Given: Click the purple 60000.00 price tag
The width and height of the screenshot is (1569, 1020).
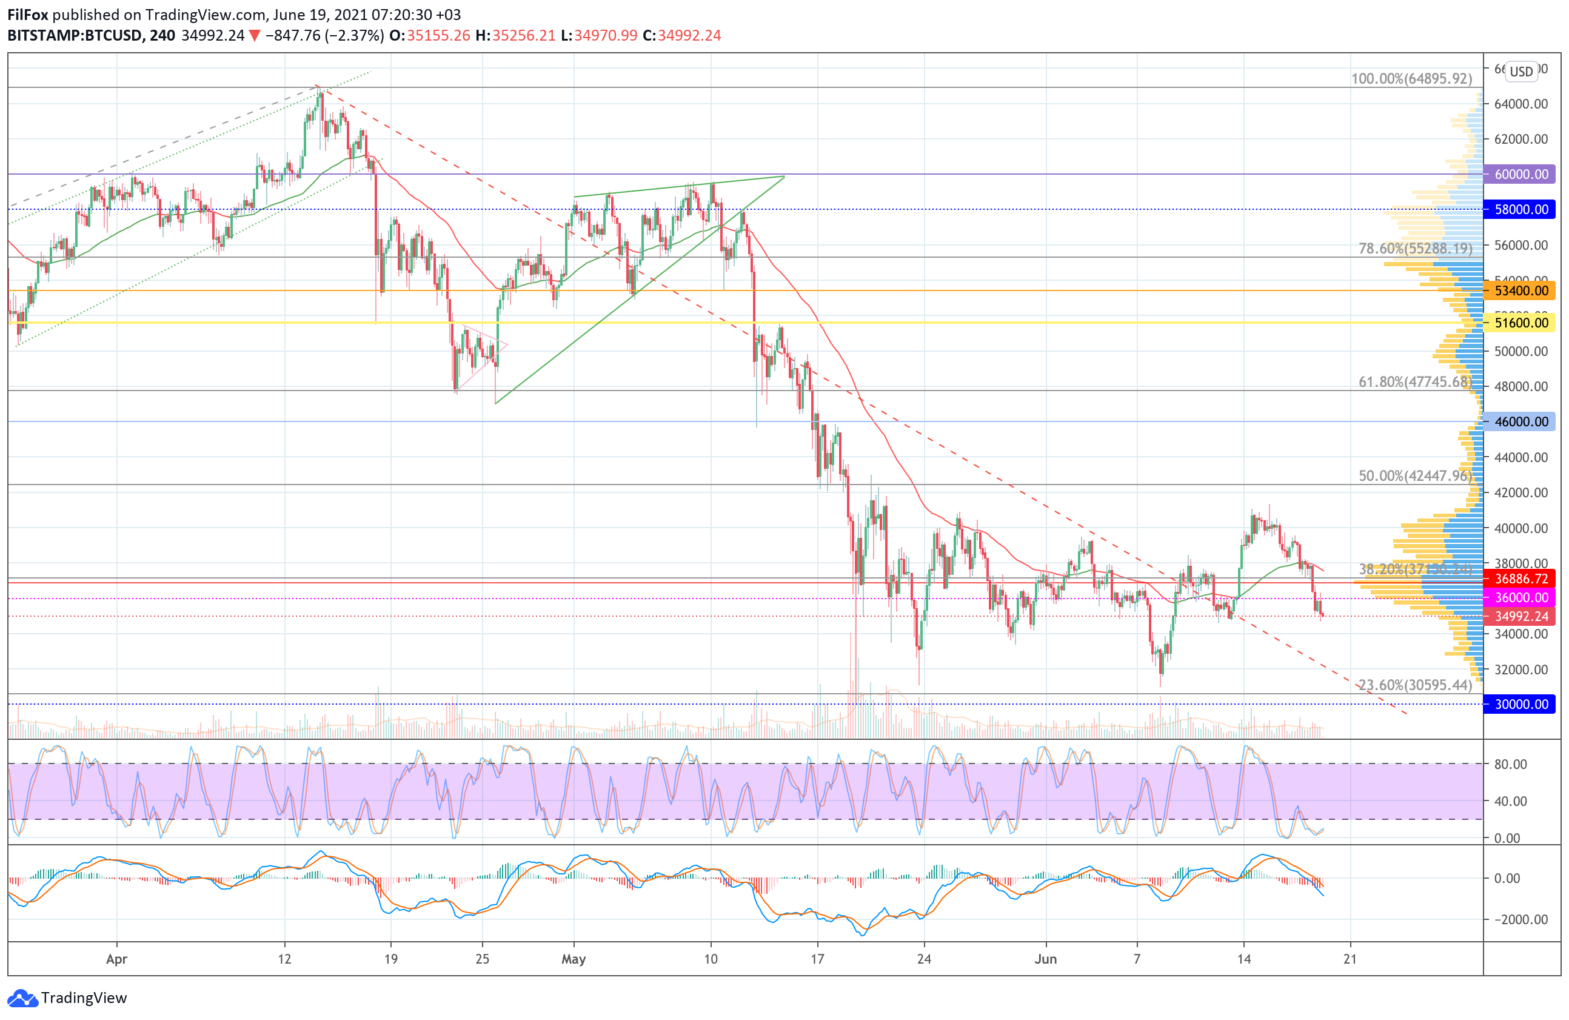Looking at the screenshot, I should [1520, 174].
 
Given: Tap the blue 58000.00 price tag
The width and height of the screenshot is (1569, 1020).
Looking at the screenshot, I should [1520, 210].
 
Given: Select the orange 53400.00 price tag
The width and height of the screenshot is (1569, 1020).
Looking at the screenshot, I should [1520, 290].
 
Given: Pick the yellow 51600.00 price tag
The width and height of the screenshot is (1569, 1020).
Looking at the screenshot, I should [1520, 323].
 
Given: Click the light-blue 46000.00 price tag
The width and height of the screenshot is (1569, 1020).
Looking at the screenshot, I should [1520, 422].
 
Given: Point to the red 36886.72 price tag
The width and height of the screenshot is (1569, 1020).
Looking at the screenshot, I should [1520, 579].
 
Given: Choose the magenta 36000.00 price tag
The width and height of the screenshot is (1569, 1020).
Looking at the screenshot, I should [1520, 598].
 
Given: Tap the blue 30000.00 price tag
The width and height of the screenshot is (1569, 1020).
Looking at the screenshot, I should [1520, 704].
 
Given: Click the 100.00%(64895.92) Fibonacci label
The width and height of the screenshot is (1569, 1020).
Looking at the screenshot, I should [1411, 78].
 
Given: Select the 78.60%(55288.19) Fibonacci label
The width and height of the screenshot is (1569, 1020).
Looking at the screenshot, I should [1415, 249].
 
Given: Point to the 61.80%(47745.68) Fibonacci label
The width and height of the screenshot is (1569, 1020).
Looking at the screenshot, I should [1415, 382].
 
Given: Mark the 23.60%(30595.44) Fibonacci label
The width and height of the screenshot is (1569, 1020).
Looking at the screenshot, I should [1415, 685].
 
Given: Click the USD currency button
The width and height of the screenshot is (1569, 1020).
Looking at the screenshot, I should [1522, 71].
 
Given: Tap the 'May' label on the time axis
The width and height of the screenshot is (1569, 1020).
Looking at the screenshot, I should [574, 959].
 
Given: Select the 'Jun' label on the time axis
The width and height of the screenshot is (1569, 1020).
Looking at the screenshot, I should [1046, 959].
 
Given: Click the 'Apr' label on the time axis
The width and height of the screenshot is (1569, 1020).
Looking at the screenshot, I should [116, 959].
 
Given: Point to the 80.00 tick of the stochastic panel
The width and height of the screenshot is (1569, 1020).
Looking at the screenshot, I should [1510, 764].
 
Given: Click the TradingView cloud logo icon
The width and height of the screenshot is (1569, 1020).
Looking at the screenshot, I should [22, 998].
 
